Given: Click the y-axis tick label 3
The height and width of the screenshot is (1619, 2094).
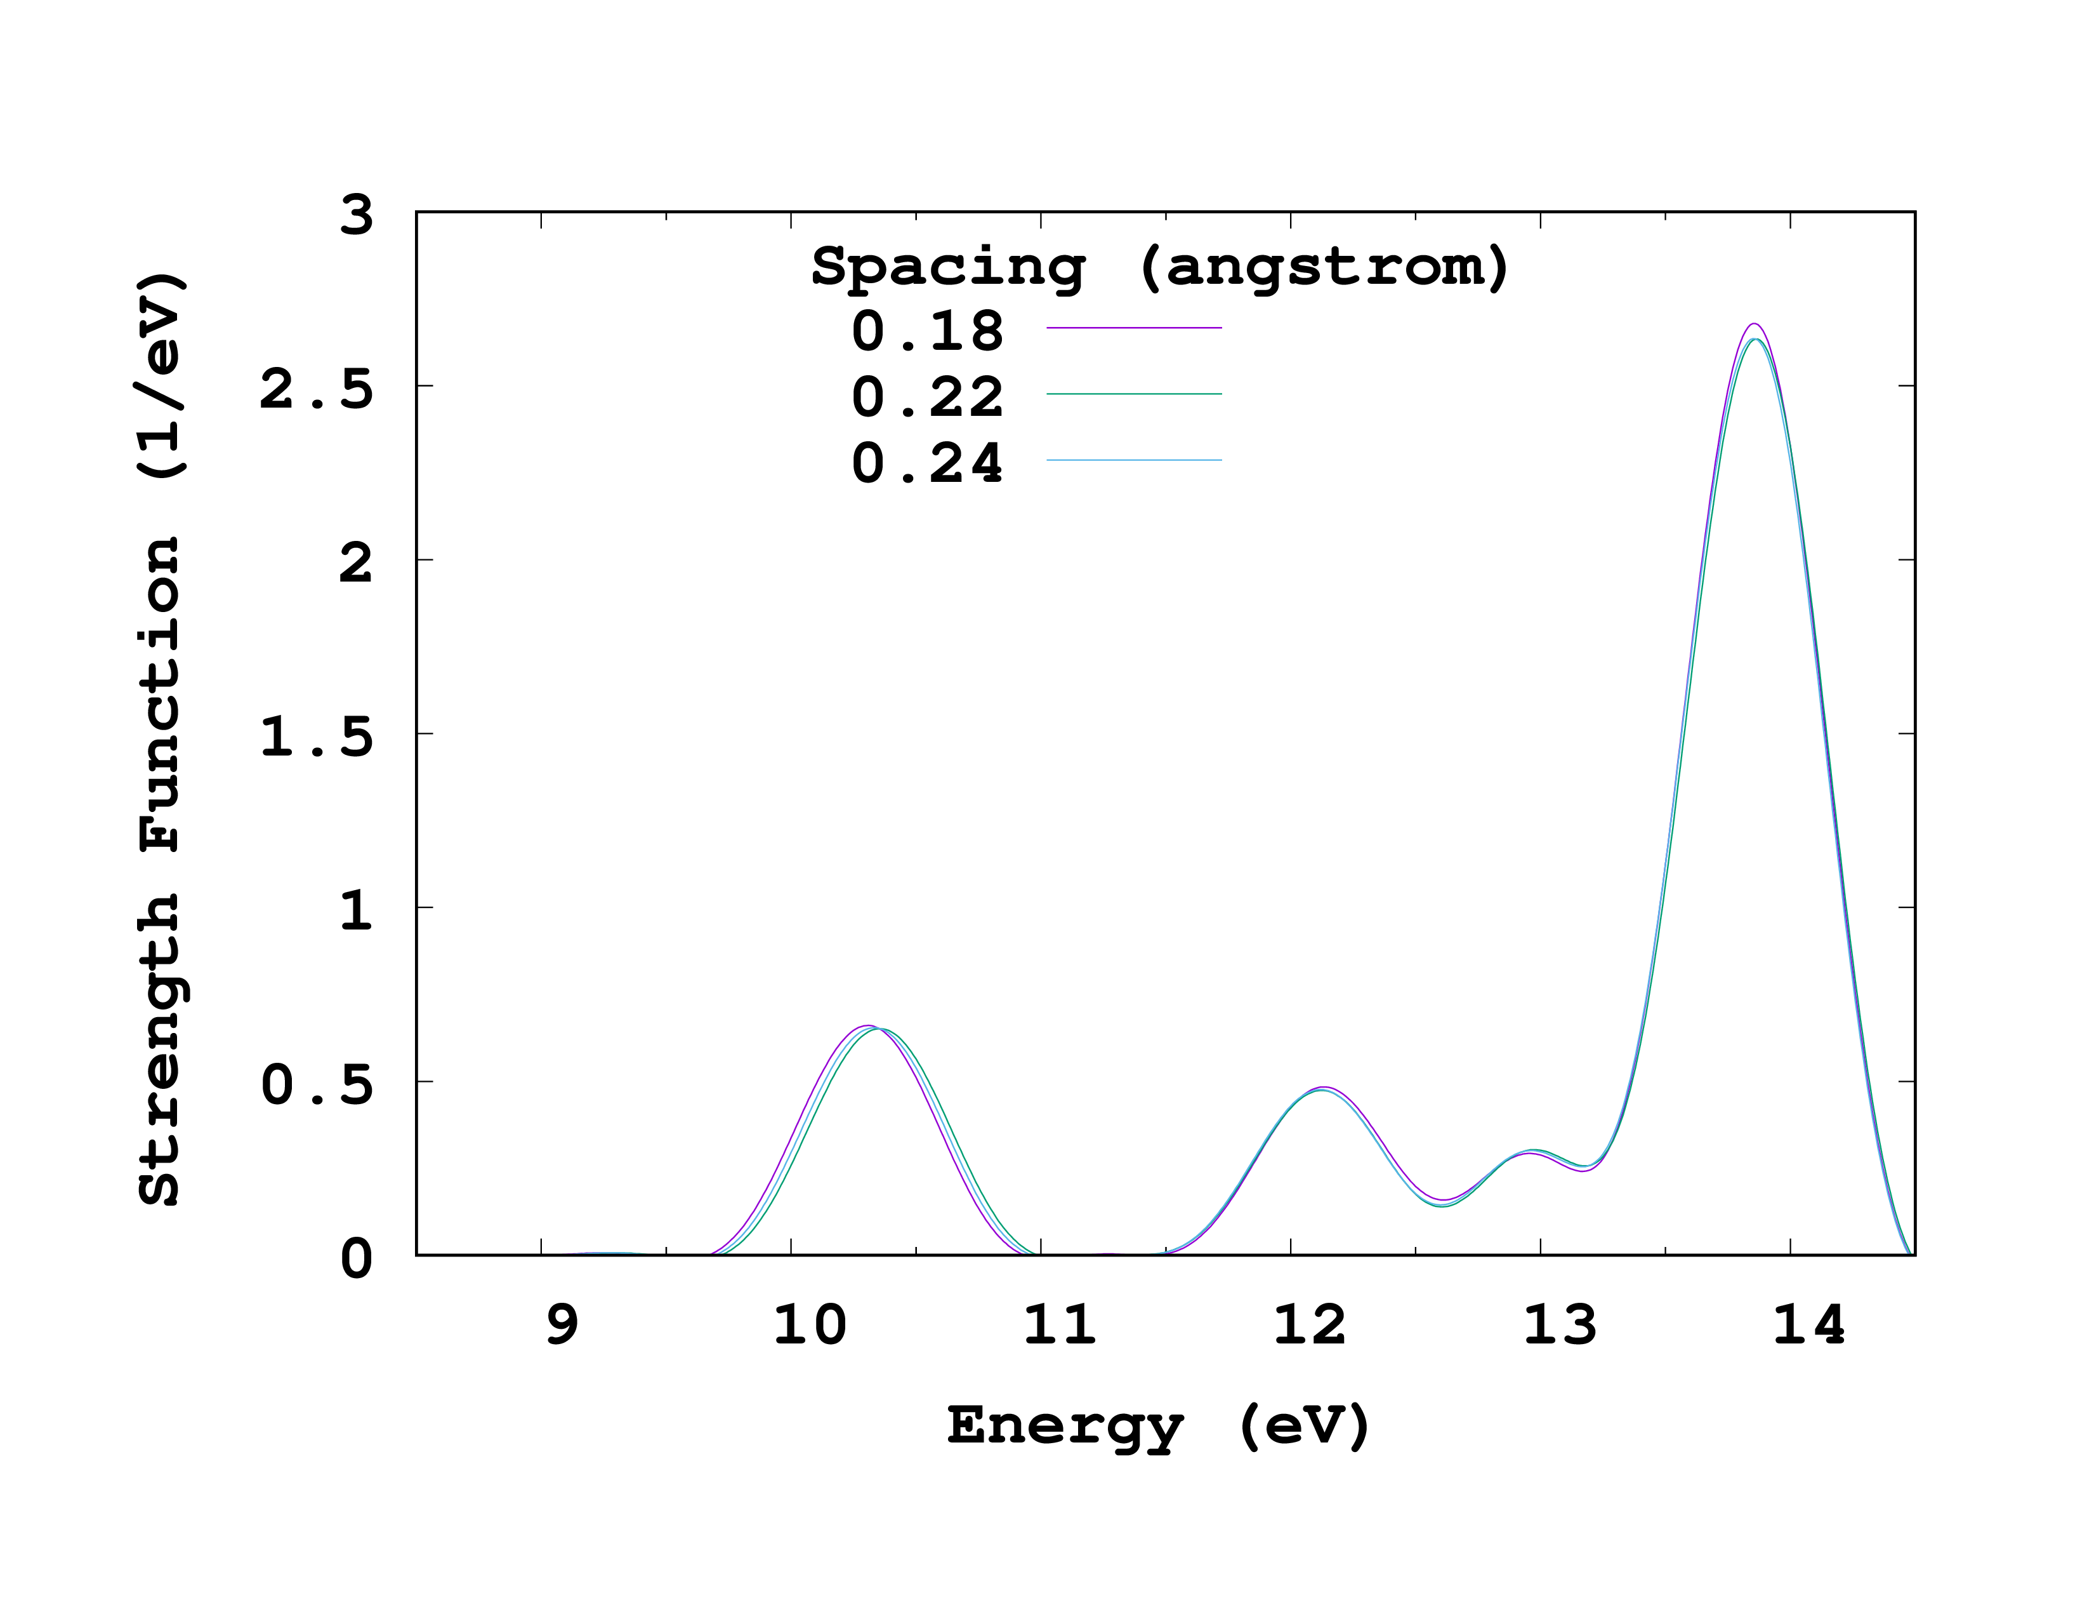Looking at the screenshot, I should [357, 216].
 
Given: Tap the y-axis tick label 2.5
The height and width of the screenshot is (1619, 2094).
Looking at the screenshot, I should [317, 389].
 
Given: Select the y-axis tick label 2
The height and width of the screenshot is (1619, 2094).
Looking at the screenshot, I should [357, 563].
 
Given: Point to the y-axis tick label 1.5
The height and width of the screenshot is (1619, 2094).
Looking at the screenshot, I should [317, 736].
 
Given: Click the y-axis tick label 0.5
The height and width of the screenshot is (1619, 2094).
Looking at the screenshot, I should [317, 1085].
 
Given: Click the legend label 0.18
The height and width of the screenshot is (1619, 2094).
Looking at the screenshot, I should [927, 331].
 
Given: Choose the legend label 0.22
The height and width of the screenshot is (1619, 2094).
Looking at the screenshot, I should [927, 397].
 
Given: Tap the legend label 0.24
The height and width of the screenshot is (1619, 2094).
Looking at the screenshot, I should [927, 463].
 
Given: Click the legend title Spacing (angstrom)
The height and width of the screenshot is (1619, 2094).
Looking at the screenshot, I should [1160, 267].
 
